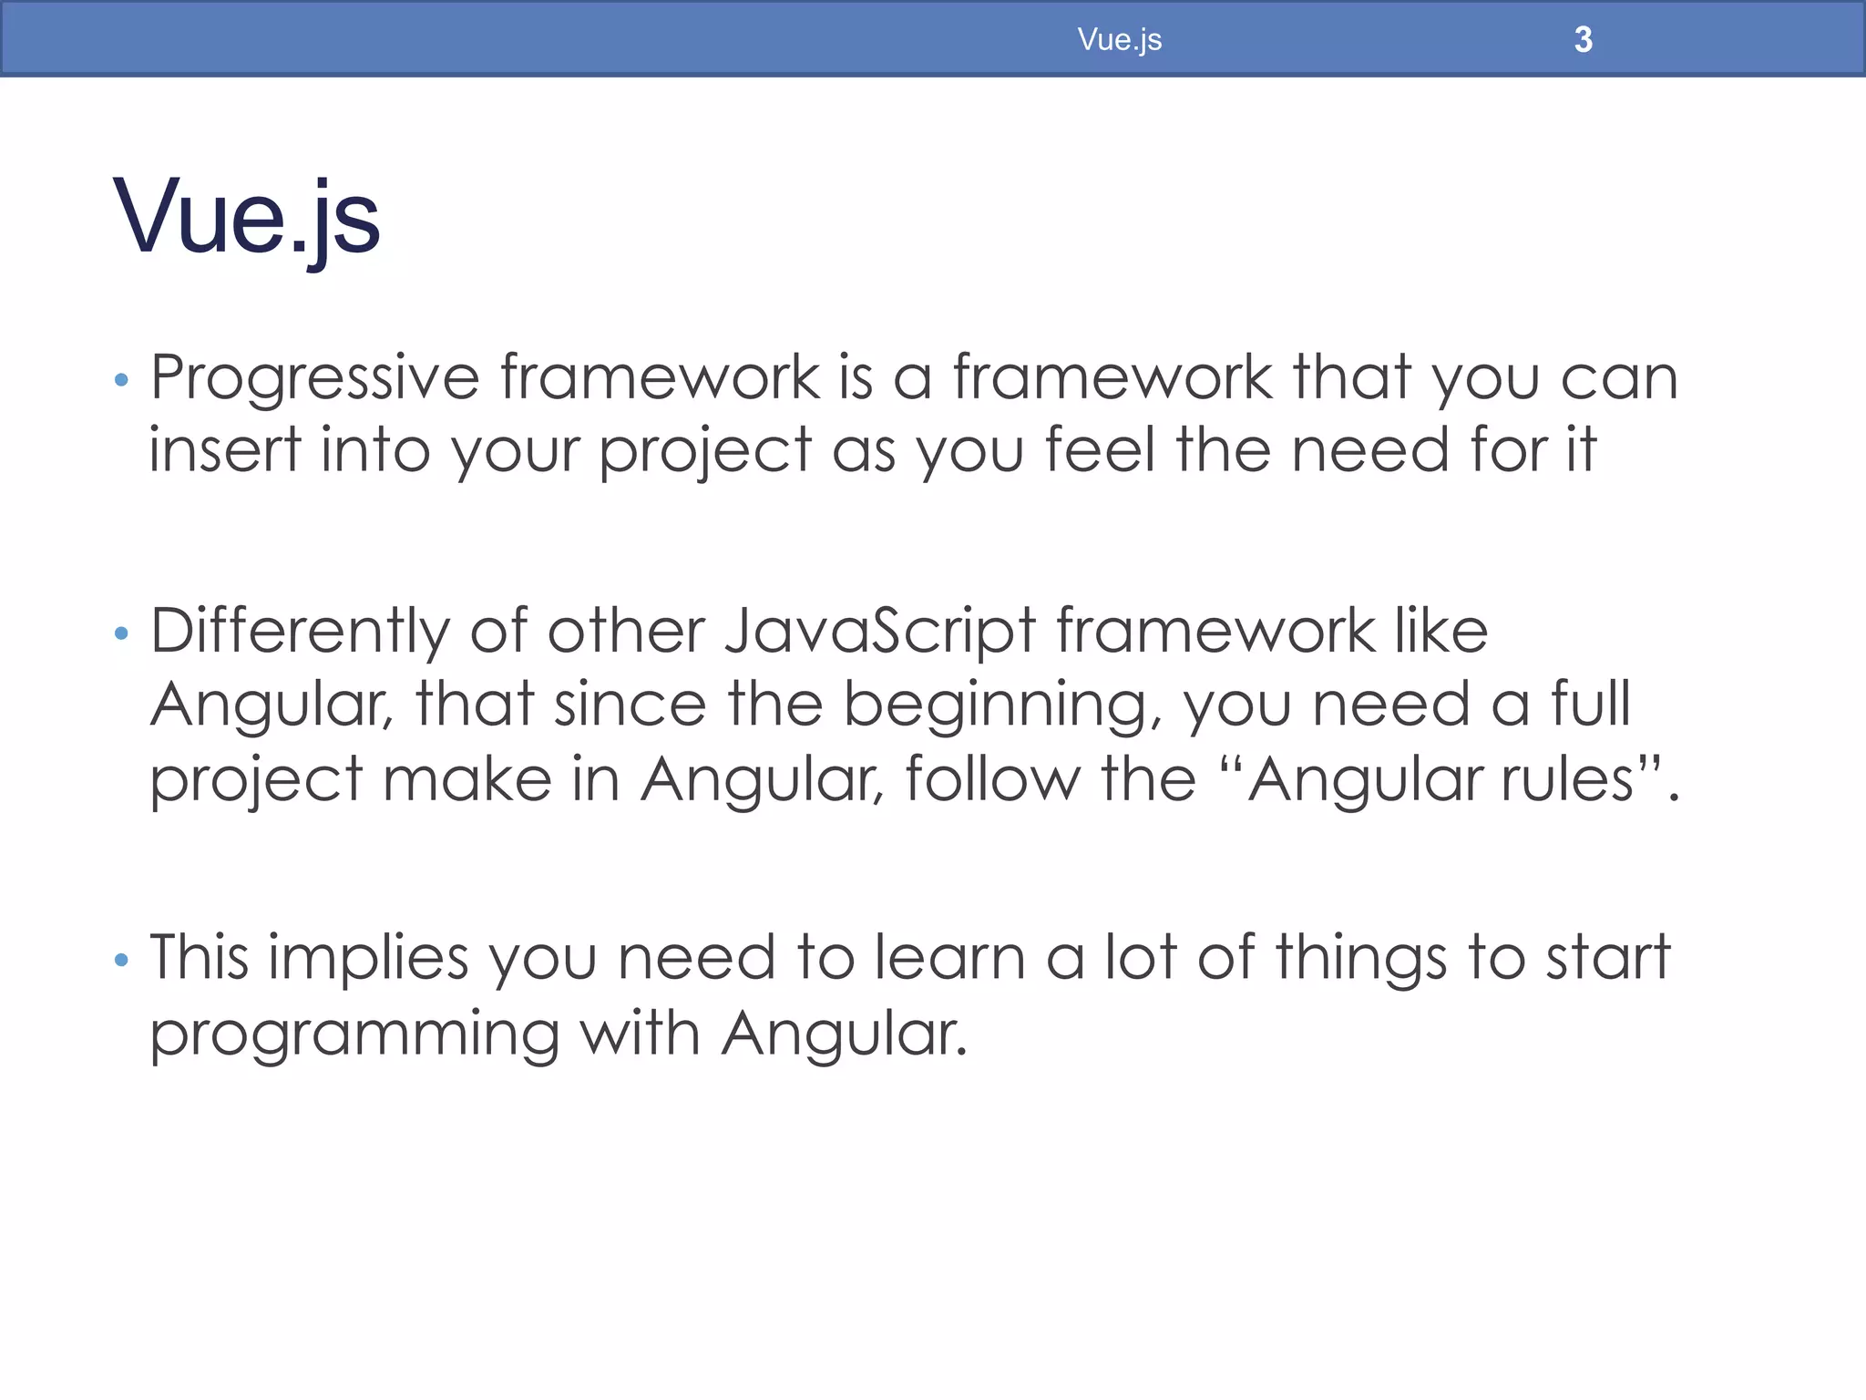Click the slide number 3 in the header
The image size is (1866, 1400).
(x=1583, y=39)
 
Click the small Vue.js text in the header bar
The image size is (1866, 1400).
(x=1119, y=39)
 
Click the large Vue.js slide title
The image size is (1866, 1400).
(x=246, y=217)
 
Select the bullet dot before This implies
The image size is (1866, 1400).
(x=121, y=960)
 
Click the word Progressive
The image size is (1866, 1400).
(x=314, y=378)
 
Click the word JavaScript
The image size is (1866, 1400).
(x=880, y=632)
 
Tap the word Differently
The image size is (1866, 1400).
(x=300, y=632)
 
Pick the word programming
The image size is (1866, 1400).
(x=354, y=1035)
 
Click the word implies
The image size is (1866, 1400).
(x=368, y=959)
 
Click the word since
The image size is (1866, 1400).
(x=630, y=705)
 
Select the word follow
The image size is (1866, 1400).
(x=992, y=779)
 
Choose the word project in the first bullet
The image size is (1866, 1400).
(x=705, y=451)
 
